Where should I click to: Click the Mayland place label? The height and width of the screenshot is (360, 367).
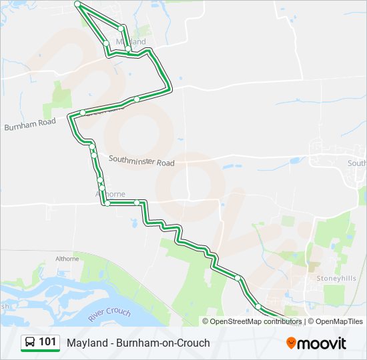pos(131,41)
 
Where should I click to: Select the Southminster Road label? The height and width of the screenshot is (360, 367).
pos(141,161)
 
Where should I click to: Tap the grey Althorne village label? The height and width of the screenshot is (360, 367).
pos(110,194)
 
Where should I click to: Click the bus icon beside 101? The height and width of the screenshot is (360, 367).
pos(30,342)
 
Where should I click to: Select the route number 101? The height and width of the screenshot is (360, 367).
pos(47,342)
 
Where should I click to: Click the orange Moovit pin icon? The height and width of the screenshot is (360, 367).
pos(291,343)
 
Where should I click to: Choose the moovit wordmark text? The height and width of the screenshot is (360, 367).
pos(322,343)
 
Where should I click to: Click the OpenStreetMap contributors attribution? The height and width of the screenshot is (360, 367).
pos(256,321)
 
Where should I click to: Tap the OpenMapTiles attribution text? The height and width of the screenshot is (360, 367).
pos(340,321)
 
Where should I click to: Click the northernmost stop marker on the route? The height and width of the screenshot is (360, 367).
pos(77,4)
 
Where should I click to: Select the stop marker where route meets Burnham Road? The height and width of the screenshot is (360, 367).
pos(82,113)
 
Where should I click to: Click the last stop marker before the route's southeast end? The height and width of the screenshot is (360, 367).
pos(258,306)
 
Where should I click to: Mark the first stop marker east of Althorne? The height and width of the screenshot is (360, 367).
pos(136,202)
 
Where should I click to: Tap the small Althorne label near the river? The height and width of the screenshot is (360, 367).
pos(67,259)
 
